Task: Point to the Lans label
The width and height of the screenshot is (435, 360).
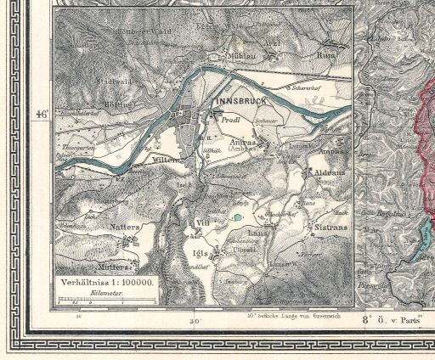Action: click(256, 231)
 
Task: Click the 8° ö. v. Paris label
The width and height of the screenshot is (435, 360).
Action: click(392, 320)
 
